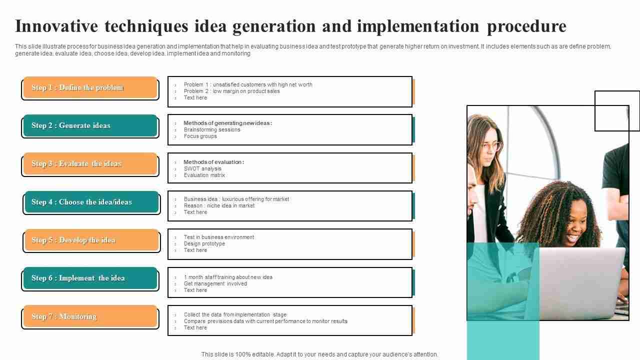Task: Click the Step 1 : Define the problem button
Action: tap(90, 87)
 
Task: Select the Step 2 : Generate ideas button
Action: tap(90, 125)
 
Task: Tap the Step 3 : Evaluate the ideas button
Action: tap(90, 163)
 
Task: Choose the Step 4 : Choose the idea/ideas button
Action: tap(91, 202)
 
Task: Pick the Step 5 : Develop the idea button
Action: tap(91, 240)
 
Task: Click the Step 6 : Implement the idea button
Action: tap(90, 278)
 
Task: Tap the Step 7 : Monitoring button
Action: tap(90, 316)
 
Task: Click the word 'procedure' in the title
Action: tap(526, 27)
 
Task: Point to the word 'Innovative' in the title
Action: tap(56, 26)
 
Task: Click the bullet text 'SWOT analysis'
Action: tap(202, 168)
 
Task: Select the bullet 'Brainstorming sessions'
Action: tap(212, 129)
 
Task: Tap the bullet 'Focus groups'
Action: tap(200, 136)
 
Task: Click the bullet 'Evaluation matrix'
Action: tap(204, 175)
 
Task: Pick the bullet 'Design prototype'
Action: tap(204, 243)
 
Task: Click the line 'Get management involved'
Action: tap(215, 283)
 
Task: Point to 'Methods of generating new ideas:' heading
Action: tap(227, 123)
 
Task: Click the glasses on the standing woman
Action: tap(491, 146)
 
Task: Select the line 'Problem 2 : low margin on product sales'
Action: tap(231, 91)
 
